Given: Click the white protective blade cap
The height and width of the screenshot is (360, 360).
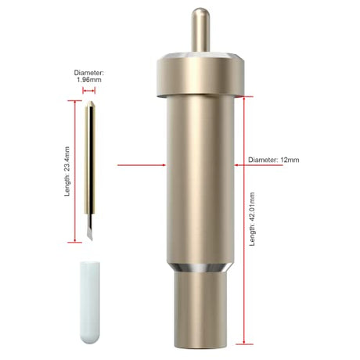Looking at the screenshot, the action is [x=90, y=303].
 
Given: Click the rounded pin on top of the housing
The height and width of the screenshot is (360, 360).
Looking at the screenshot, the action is [x=200, y=30].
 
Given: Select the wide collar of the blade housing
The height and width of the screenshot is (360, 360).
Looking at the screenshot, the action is [x=200, y=75].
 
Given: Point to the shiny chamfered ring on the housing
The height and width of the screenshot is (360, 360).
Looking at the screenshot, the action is [x=200, y=268].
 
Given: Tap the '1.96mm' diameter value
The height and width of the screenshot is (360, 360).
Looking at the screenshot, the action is [x=89, y=80].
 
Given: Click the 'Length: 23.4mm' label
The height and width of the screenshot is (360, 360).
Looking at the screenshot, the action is [x=67, y=171].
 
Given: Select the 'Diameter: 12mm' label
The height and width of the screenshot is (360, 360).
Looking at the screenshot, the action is [x=274, y=160].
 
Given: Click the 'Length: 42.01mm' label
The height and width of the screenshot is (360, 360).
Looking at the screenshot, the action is [x=252, y=219].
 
